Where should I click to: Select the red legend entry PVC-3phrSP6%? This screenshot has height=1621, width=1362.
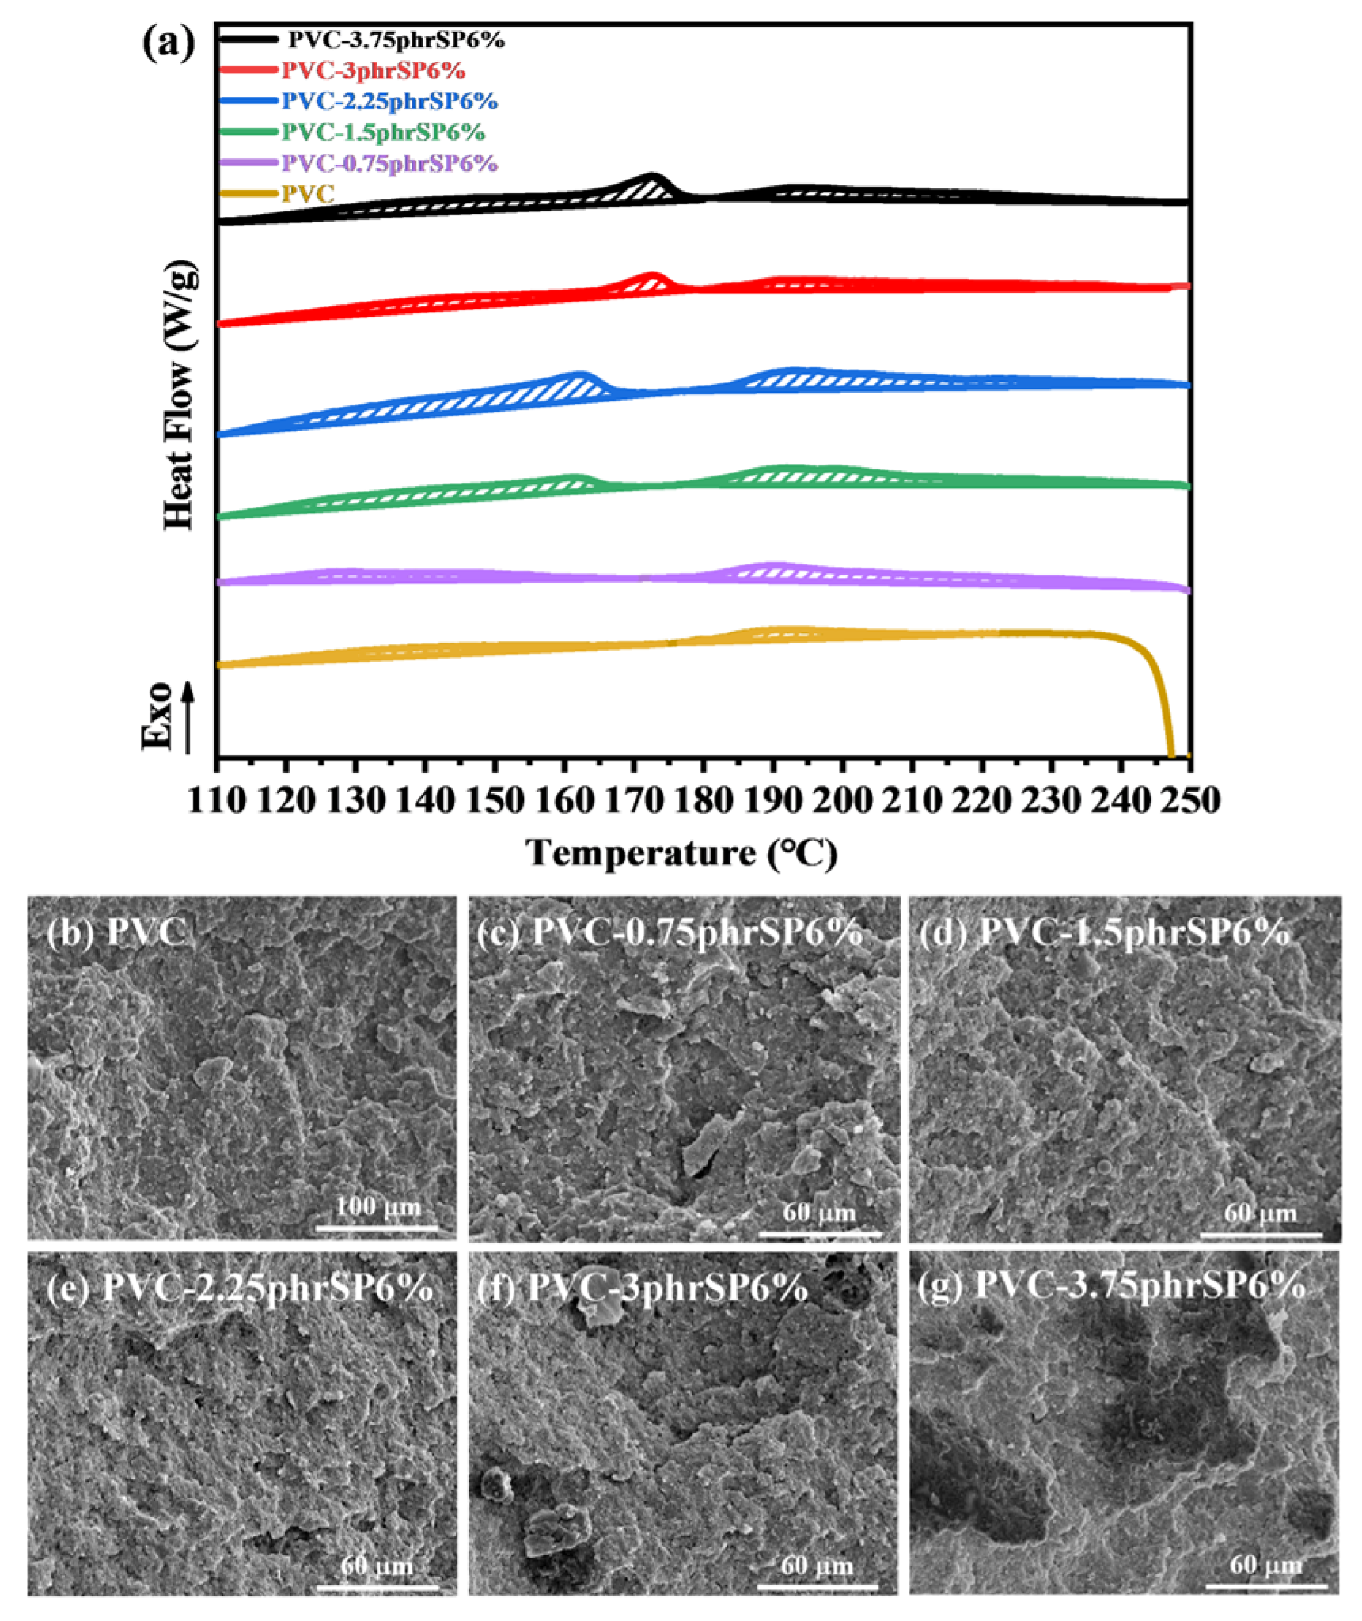tap(373, 71)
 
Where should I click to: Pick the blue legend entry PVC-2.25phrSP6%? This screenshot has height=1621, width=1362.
tap(389, 101)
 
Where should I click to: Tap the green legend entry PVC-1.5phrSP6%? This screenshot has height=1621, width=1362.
tap(383, 132)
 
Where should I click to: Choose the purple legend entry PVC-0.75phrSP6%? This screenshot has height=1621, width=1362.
tap(389, 164)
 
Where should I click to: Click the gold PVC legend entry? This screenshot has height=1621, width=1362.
tap(308, 193)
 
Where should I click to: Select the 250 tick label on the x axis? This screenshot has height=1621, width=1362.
tap(1189, 800)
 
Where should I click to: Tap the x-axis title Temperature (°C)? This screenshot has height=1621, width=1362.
tap(682, 854)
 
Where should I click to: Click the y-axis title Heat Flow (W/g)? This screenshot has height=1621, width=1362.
tap(180, 396)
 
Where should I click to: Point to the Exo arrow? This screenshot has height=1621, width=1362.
tap(188, 716)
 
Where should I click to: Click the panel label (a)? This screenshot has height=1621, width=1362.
tap(168, 44)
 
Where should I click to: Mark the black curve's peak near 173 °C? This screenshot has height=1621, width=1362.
tap(653, 176)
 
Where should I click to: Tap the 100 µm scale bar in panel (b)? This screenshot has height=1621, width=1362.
tap(378, 1228)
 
